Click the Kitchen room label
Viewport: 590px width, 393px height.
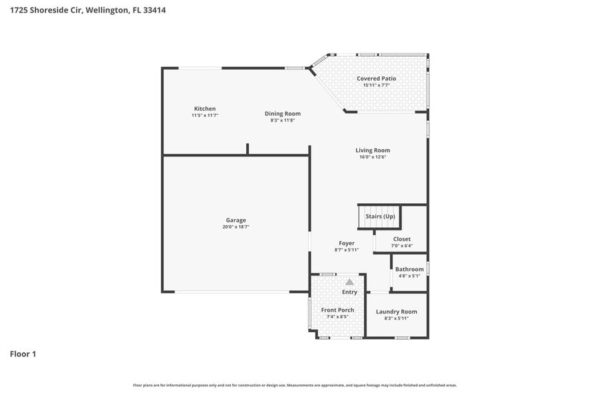(205, 109)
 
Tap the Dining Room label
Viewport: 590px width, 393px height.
(282, 114)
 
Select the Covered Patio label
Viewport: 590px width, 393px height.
(376, 79)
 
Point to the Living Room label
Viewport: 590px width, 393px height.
(373, 150)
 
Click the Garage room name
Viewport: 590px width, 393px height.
(235, 220)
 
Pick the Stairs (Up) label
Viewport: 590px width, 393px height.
(380, 217)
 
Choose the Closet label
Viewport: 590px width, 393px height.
(402, 239)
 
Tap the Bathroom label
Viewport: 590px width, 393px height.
(409, 269)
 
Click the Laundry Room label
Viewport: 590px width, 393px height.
(396, 311)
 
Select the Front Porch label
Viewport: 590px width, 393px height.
(337, 310)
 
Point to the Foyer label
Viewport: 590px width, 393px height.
(347, 243)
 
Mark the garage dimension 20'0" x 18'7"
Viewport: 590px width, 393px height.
(235, 227)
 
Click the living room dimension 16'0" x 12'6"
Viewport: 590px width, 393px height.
(373, 157)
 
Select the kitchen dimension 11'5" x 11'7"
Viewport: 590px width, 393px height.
(205, 116)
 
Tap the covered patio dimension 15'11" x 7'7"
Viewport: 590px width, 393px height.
(376, 86)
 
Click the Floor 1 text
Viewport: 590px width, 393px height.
(23, 354)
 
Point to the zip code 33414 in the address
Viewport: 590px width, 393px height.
(155, 10)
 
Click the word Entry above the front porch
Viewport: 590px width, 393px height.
(350, 292)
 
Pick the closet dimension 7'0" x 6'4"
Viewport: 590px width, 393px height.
(402, 245)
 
